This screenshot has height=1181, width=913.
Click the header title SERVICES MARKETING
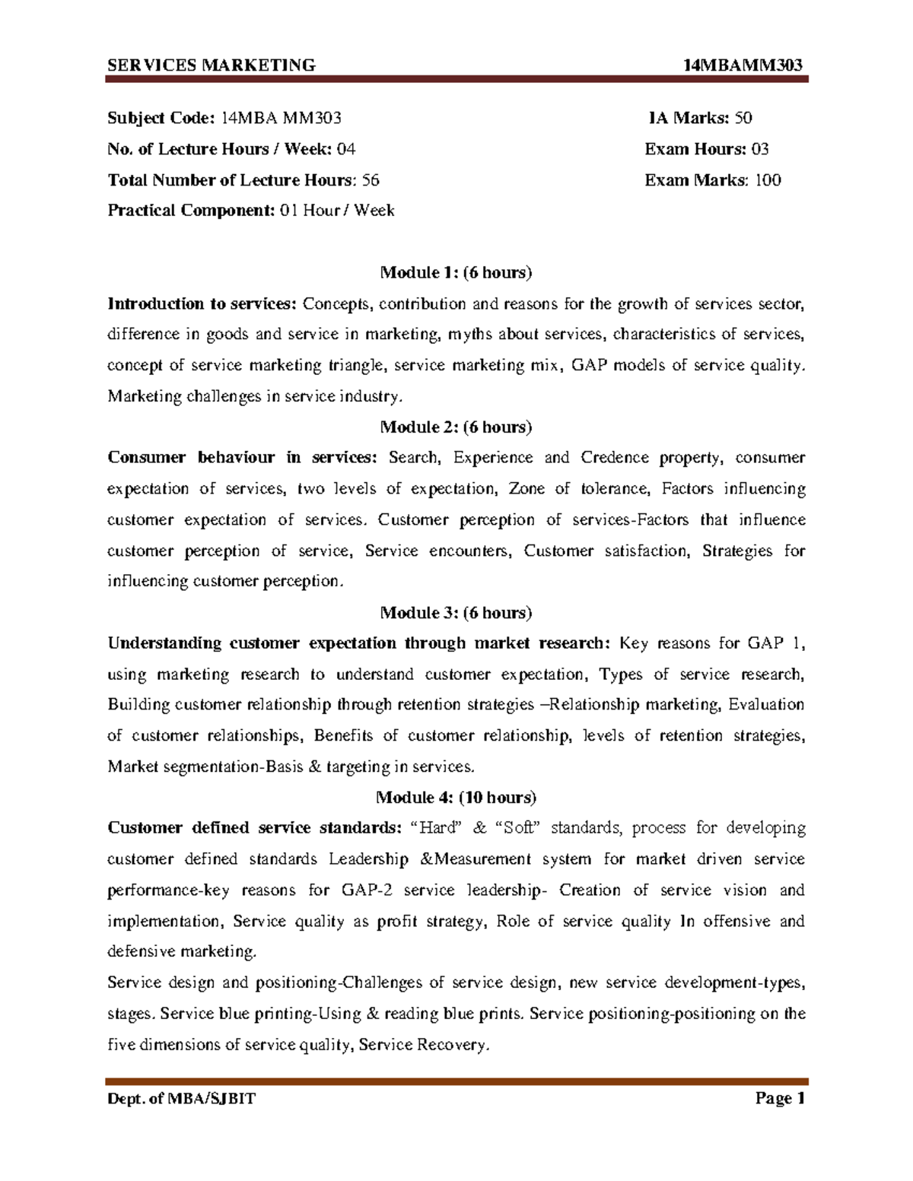211,65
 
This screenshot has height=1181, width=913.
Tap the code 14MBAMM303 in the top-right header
743,65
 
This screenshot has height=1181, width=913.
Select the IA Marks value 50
743,118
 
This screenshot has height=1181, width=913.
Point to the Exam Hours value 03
759,149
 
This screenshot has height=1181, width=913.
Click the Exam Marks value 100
767,180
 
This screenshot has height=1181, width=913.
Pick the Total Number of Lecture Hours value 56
371,180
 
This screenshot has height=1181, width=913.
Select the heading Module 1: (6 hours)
456,272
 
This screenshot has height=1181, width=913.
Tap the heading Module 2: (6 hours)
456,427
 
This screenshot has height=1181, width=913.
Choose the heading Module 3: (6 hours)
456,612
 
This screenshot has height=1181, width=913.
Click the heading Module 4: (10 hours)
456,797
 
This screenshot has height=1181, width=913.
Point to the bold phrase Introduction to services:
202,304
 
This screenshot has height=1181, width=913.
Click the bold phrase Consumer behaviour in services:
242,458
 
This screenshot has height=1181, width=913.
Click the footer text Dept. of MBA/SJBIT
181,1098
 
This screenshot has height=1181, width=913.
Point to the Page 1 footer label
779,1098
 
